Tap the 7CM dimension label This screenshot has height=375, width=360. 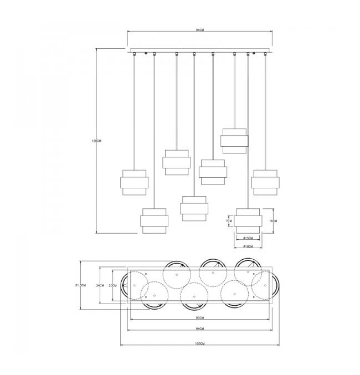(x=228, y=220)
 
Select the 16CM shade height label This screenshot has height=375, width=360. (x=272, y=220)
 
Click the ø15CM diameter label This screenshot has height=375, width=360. (x=248, y=239)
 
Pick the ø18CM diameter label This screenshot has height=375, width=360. (x=248, y=246)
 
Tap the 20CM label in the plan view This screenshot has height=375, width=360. (x=112, y=285)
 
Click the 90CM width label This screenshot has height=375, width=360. (x=200, y=319)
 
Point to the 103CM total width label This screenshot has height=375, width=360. (x=200, y=344)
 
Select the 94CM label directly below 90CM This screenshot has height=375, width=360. (x=200, y=329)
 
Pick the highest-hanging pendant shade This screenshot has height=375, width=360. (x=234, y=141)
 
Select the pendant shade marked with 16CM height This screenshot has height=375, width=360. (x=248, y=221)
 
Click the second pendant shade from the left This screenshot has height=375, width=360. (x=154, y=221)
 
